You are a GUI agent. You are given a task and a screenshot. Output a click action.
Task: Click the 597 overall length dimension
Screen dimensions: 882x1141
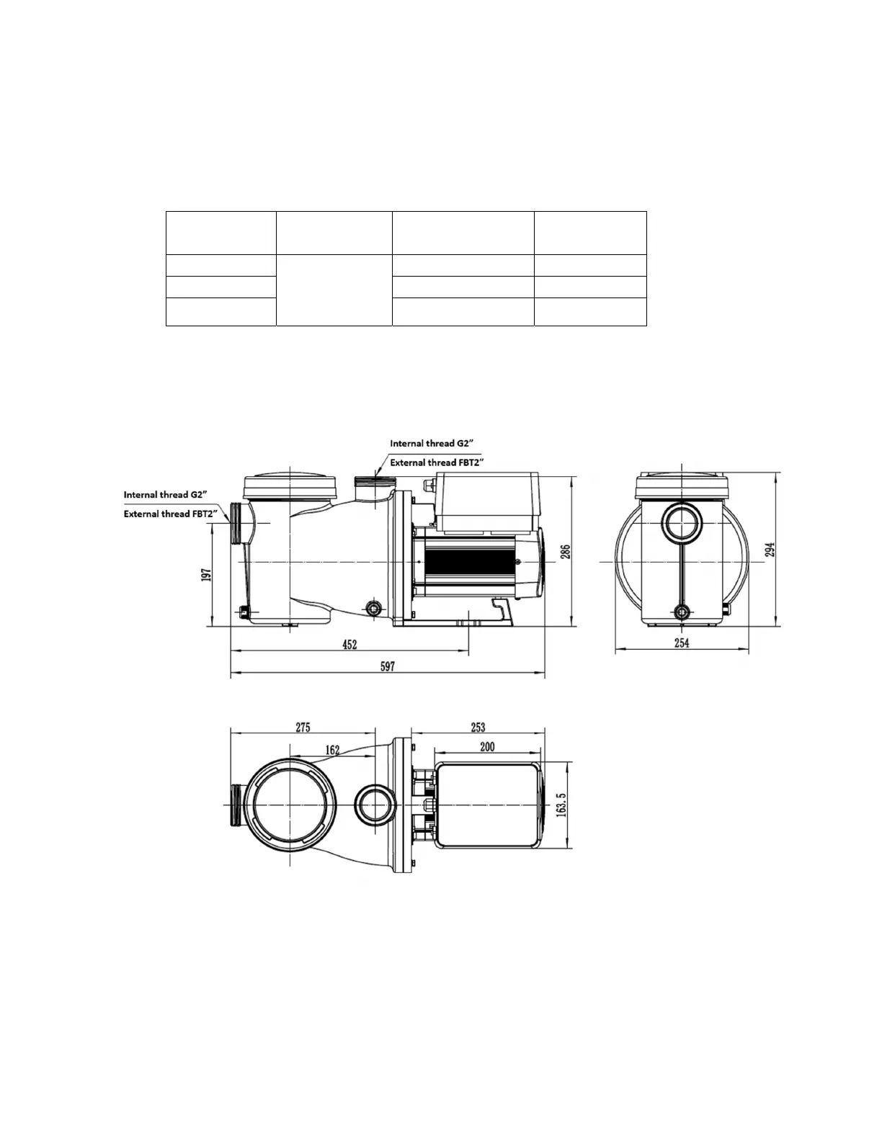click(x=387, y=666)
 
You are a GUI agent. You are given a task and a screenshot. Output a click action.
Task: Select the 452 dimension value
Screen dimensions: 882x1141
click(x=350, y=644)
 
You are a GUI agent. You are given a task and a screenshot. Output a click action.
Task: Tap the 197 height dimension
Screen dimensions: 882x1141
click(x=206, y=574)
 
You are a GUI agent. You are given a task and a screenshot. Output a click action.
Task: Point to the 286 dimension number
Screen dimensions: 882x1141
click(x=565, y=552)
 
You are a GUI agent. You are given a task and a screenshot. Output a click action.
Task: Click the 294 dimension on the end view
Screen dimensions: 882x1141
click(x=770, y=550)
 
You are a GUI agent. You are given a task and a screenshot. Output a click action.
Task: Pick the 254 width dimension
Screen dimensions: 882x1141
click(x=682, y=643)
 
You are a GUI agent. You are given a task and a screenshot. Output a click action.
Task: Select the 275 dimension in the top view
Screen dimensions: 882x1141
click(x=303, y=728)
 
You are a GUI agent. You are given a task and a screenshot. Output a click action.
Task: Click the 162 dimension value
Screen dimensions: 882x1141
click(x=332, y=750)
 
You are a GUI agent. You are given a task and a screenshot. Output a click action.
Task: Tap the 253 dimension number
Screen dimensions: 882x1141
click(x=478, y=728)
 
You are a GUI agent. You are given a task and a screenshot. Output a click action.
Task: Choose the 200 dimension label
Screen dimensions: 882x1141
click(x=488, y=747)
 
